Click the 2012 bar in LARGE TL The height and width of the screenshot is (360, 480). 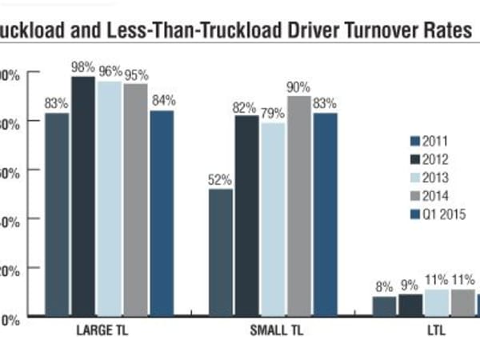84,196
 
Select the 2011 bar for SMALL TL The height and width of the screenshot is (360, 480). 221,252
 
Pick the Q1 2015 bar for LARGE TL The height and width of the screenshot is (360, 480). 162,213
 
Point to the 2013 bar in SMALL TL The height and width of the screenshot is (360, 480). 274,219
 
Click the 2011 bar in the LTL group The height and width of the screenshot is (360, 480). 384,306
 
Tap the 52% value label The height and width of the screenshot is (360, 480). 221,180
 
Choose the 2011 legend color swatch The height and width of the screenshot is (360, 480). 404,141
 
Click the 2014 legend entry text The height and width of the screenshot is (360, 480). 432,195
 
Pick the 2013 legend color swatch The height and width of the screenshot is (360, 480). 404,178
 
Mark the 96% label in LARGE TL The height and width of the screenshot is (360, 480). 110,70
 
